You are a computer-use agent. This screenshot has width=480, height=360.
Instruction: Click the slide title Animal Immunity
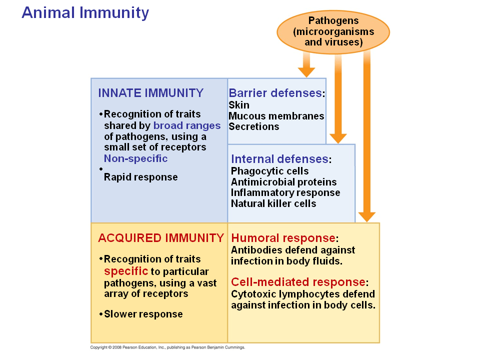(85, 12)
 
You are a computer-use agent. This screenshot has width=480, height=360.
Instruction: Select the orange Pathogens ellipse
(333, 31)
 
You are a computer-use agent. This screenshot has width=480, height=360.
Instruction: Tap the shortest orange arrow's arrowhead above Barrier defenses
(306, 71)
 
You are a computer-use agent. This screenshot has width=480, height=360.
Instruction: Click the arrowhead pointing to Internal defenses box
(338, 137)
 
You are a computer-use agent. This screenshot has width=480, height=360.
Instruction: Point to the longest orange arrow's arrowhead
(367, 216)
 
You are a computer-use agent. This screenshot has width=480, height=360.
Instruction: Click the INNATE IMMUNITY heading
(151, 93)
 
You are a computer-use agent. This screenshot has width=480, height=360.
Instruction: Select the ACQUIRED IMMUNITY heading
(160, 238)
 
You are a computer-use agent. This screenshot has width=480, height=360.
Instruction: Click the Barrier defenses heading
(275, 93)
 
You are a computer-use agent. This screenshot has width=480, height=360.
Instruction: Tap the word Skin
(239, 105)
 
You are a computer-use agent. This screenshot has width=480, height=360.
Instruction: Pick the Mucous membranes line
(276, 116)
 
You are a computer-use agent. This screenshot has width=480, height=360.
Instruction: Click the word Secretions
(253, 126)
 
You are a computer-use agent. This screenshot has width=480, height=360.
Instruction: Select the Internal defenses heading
(279, 159)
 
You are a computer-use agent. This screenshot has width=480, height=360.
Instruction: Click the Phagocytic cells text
(269, 171)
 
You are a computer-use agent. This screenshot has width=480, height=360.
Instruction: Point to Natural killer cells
(273, 203)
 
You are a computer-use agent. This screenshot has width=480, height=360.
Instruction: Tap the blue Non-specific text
(135, 158)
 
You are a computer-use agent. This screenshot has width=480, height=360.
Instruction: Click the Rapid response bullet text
(140, 177)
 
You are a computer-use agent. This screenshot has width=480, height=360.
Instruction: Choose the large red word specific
(126, 271)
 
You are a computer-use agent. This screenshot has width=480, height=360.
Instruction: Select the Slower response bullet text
(143, 314)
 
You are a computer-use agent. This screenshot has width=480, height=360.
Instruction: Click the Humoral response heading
(283, 238)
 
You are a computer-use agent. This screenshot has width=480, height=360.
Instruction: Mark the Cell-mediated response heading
(299, 282)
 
